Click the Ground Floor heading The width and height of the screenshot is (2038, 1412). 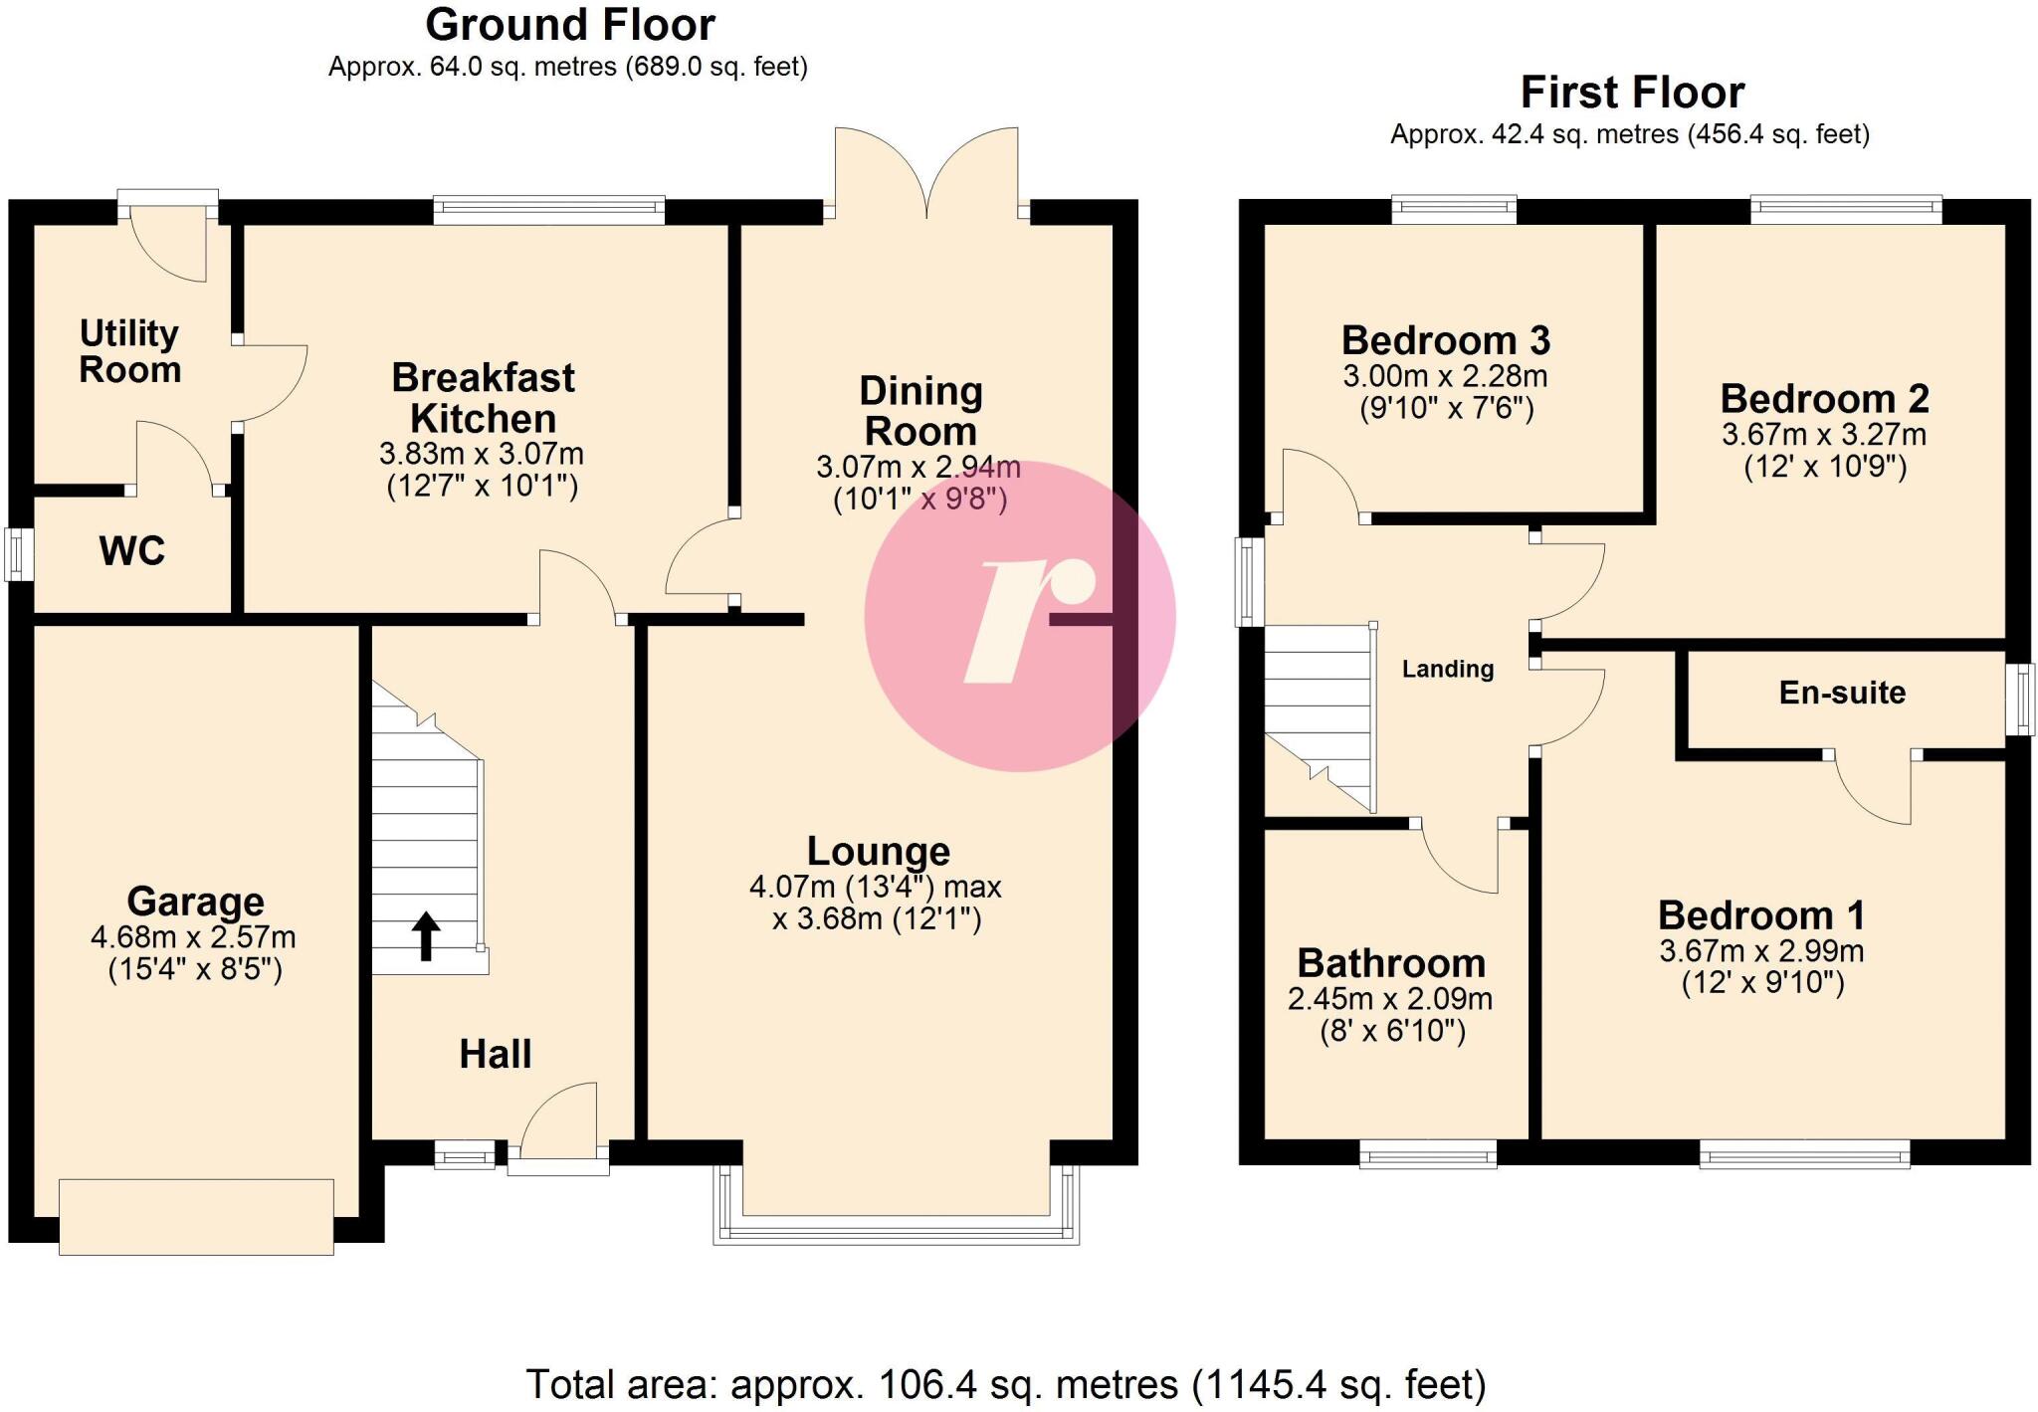click(569, 26)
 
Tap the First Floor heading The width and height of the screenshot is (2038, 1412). click(1632, 94)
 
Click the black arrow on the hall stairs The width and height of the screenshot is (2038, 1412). click(426, 935)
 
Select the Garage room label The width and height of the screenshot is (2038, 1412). click(195, 902)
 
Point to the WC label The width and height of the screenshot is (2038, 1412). click(131, 550)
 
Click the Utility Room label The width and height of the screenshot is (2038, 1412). click(129, 351)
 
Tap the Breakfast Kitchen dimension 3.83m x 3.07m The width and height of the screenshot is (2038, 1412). click(482, 454)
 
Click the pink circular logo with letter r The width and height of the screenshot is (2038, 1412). click(1019, 616)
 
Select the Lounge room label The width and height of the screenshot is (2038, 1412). click(878, 852)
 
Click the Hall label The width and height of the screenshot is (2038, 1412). click(495, 1054)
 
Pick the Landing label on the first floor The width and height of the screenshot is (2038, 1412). click(1447, 669)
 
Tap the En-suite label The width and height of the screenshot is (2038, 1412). click(1842, 693)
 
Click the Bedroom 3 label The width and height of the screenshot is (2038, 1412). click(1445, 341)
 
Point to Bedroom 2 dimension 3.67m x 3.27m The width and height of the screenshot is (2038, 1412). click(1824, 435)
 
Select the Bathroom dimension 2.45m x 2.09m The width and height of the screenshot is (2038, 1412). click(1389, 999)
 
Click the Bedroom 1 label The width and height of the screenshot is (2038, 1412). click(1760, 915)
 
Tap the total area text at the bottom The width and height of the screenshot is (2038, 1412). click(1005, 1384)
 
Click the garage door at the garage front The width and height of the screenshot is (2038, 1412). click(196, 1216)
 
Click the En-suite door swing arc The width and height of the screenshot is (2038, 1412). click(1871, 791)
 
